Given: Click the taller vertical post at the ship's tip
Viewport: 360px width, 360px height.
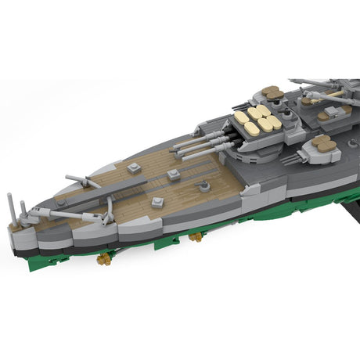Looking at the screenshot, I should point(10,206).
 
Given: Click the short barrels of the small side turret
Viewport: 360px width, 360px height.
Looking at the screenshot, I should point(291,159).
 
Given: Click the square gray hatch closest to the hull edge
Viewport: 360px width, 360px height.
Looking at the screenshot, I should point(157,202).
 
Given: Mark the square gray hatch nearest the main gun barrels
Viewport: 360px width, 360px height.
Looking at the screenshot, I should point(174,175).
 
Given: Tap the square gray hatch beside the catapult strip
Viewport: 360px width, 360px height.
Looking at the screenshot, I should point(134,167).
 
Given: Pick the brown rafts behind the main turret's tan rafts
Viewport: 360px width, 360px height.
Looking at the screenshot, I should point(273,93).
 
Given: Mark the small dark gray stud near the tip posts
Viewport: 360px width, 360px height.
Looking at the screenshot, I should point(59,201).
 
